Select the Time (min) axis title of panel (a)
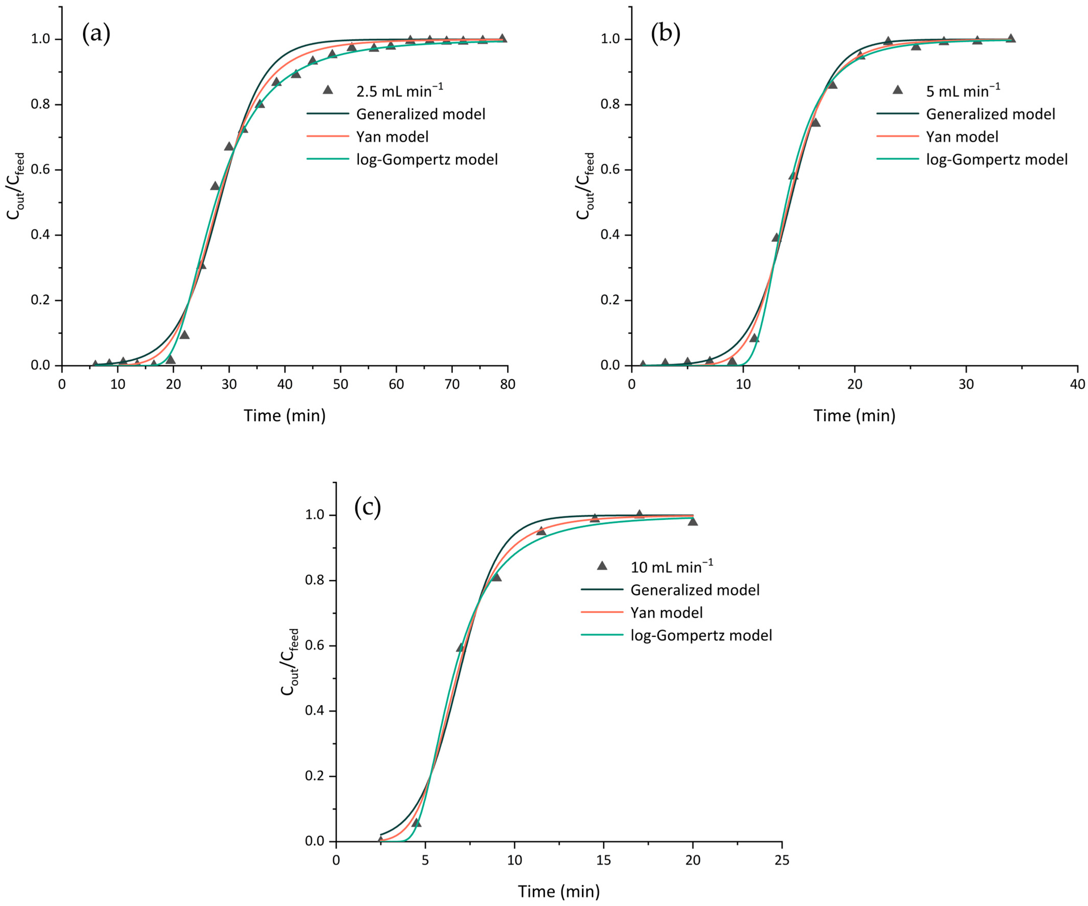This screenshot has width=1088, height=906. [x=285, y=416]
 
